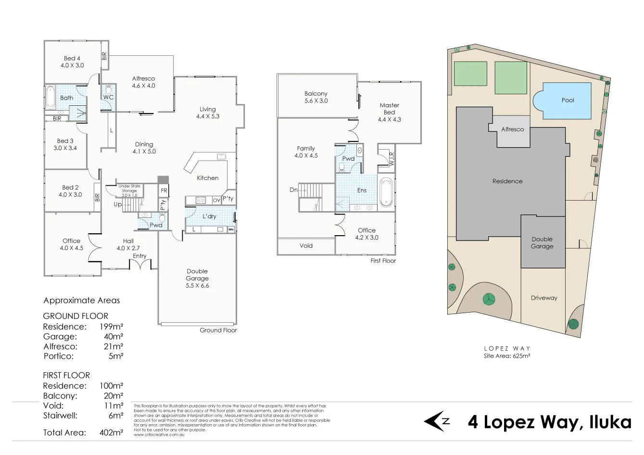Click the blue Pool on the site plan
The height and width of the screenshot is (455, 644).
coord(567,101)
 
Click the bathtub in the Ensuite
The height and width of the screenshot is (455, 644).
coord(386,192)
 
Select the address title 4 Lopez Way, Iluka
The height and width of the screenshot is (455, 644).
coord(549,422)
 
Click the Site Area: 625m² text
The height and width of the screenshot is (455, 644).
coord(507,356)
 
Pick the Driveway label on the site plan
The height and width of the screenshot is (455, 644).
coord(544,298)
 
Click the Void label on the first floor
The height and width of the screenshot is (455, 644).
coord(306,245)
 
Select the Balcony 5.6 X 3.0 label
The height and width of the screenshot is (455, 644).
coord(316,97)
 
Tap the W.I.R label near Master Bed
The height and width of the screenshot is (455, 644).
coord(392,158)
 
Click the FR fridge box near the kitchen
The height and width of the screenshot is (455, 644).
coord(164,190)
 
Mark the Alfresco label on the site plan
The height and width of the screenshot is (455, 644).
coord(512,129)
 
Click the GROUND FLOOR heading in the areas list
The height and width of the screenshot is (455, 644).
coord(76,316)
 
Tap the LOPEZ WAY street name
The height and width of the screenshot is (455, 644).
coord(507,348)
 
